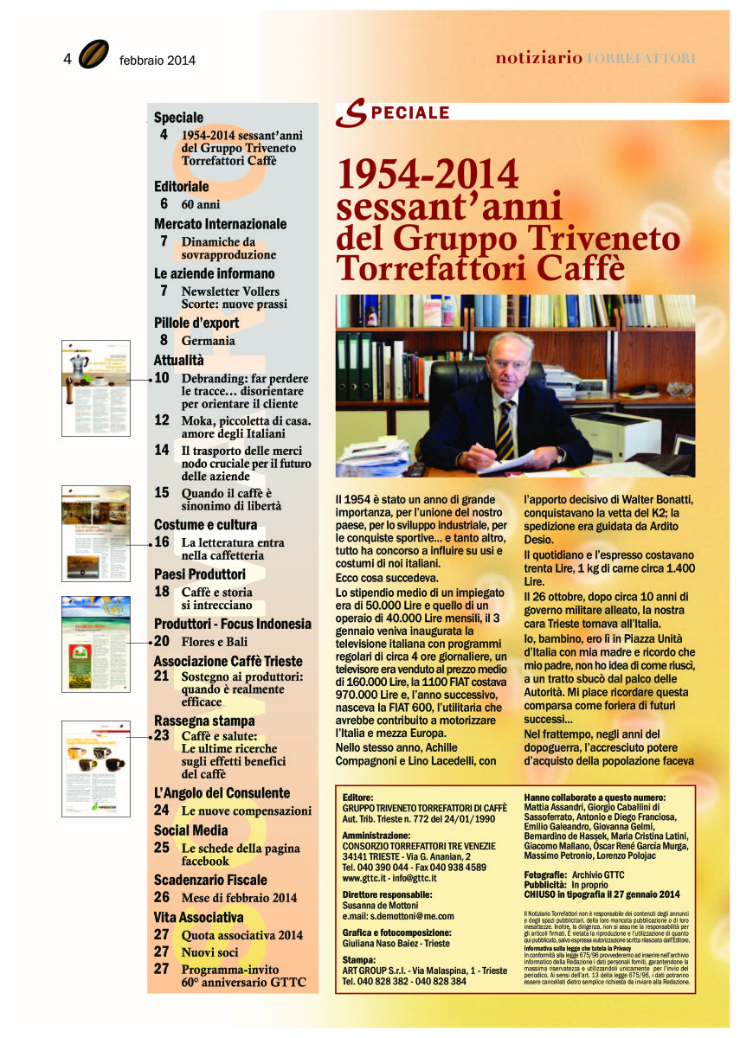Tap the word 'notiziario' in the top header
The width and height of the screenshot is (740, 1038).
tap(538, 58)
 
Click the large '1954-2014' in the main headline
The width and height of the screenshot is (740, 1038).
tap(428, 174)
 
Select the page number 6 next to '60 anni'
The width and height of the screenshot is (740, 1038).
tap(164, 204)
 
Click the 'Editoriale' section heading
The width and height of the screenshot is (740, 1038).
tap(182, 186)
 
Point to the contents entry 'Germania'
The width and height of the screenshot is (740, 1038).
tap(208, 341)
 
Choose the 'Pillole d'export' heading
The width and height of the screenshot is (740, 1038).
tap(196, 323)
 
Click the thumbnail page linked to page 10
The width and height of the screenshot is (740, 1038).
tap(94, 388)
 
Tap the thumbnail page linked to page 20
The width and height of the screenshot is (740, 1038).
tap(95, 644)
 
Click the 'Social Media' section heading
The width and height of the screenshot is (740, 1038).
tap(191, 830)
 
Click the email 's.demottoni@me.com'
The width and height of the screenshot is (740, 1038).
tap(398, 916)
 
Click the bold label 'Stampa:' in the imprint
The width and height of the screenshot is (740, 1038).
tap(359, 960)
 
